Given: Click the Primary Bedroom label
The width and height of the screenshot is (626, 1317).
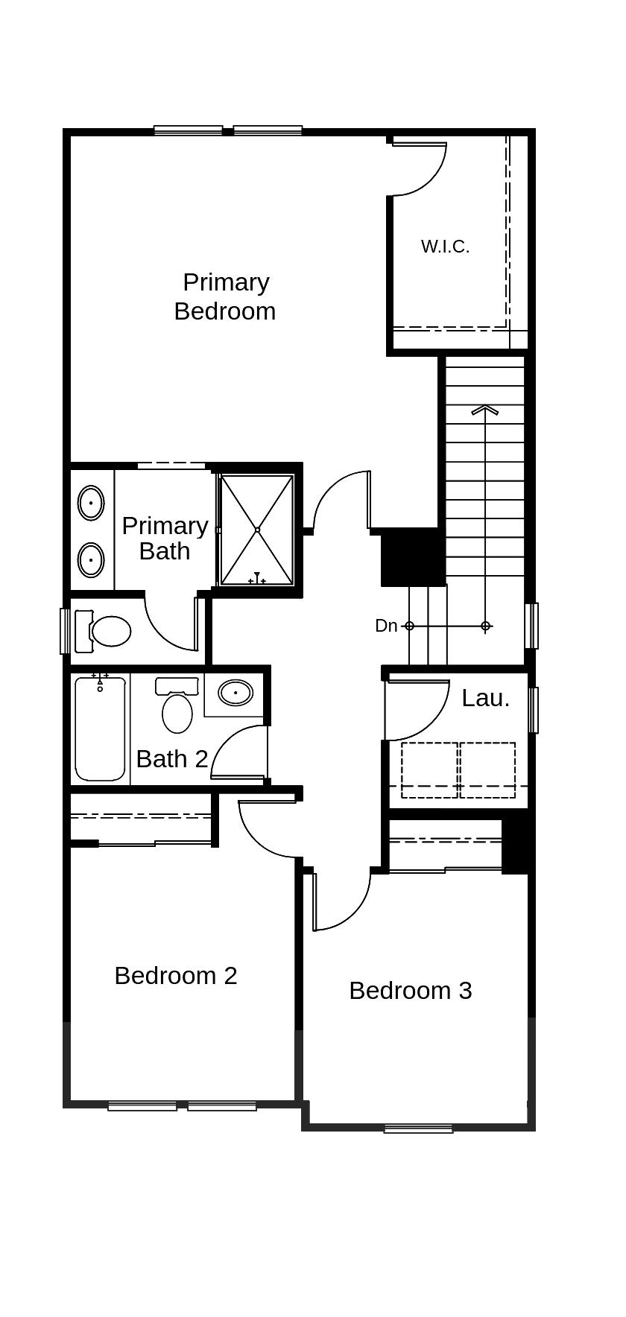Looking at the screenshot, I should click(224, 296).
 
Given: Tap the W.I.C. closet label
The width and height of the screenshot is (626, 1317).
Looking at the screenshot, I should click(445, 247).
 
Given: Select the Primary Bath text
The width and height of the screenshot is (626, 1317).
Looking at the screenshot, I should click(165, 538).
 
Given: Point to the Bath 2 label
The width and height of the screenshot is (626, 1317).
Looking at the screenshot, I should click(172, 759).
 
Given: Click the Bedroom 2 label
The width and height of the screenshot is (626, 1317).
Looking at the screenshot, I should click(176, 976).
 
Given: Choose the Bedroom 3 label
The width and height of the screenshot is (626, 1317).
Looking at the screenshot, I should click(410, 991).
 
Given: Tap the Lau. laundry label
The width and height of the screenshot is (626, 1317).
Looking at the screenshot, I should click(485, 699).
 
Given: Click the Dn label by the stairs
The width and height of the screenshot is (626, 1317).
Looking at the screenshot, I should click(386, 626).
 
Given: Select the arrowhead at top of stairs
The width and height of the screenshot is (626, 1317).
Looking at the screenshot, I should click(485, 408).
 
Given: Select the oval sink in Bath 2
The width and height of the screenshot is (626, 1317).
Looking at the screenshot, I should click(235, 693).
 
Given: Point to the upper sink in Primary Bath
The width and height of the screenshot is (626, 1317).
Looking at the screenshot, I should click(91, 503).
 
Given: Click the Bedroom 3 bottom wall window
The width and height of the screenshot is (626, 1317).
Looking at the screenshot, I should click(418, 1129).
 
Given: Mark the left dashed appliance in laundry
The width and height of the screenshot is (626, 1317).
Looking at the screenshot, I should click(429, 770).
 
